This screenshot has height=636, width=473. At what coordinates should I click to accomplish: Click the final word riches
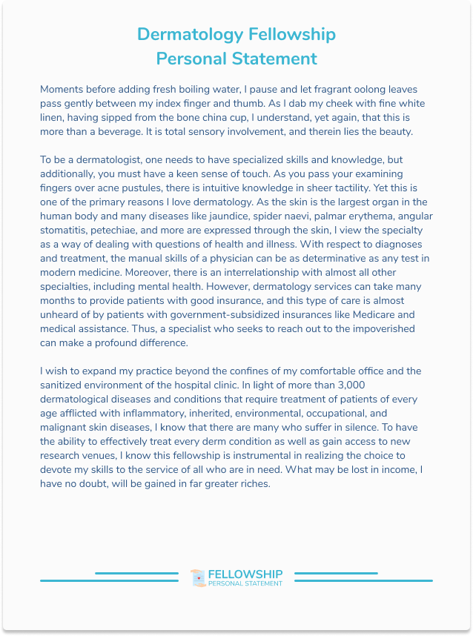pyautogui.click(x=248, y=483)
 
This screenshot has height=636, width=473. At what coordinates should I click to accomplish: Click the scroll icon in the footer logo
pyautogui.click(x=197, y=577)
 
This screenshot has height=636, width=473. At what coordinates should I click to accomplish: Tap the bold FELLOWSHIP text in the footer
pyautogui.click(x=245, y=574)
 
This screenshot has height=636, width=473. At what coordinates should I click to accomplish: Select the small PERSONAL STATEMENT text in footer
pyautogui.click(x=245, y=584)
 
